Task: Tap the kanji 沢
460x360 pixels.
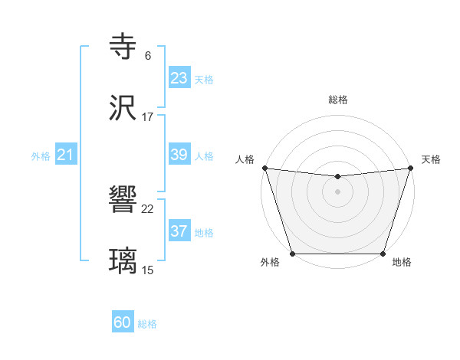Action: (123, 108)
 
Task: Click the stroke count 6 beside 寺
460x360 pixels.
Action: (148, 56)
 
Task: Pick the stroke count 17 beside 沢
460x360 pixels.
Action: (148, 117)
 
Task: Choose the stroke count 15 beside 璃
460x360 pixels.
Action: (148, 270)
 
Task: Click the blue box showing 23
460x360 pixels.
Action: (179, 78)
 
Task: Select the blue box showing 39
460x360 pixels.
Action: (179, 155)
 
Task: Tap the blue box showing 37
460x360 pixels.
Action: (179, 231)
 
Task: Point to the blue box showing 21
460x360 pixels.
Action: (66, 155)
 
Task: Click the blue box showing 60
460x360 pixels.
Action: (123, 322)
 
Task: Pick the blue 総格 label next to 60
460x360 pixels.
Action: (147, 324)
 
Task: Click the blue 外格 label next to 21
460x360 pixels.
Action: (41, 156)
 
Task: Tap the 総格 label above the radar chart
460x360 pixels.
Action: (337, 100)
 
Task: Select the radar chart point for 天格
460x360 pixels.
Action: (411, 168)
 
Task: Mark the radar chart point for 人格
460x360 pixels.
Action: (264, 168)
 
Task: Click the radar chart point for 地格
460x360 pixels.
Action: (383, 254)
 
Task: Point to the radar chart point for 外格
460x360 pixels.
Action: (292, 254)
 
